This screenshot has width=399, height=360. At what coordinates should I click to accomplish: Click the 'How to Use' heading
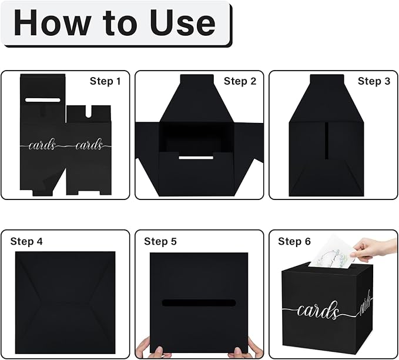tap(115, 22)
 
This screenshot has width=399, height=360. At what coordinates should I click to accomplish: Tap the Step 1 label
tap(105, 81)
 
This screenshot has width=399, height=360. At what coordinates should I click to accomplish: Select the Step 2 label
tap(240, 81)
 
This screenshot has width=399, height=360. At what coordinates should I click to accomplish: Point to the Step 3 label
tap(374, 81)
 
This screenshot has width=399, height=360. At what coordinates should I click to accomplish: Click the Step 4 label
tap(26, 241)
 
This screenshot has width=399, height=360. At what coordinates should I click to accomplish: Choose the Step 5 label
tap(160, 241)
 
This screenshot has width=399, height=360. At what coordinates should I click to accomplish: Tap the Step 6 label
tap(294, 241)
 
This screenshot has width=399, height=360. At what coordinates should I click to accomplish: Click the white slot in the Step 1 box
tap(43, 100)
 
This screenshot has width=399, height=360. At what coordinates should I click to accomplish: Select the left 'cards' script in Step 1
tap(42, 145)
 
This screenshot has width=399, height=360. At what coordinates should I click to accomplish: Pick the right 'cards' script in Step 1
tap(89, 145)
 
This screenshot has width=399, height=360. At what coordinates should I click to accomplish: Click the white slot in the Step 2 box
tap(196, 158)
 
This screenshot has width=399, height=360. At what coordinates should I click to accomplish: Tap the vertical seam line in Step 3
tap(327, 141)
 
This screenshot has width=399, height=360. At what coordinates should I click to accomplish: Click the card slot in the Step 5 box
tap(199, 303)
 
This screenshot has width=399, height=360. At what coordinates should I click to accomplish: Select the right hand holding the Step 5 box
tap(246, 349)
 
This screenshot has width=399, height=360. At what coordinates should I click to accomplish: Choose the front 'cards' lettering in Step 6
tap(318, 311)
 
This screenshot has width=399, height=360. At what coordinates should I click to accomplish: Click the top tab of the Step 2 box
tap(197, 79)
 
